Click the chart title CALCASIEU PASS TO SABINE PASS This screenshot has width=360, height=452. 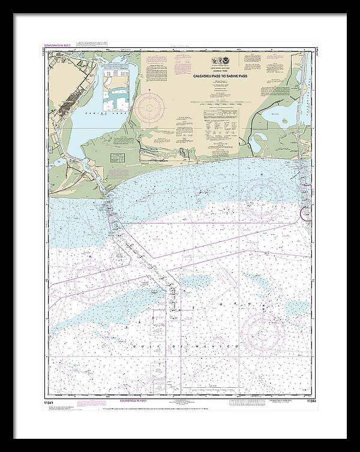(x=224, y=77)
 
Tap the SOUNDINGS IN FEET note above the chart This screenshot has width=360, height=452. (x=58, y=46)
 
